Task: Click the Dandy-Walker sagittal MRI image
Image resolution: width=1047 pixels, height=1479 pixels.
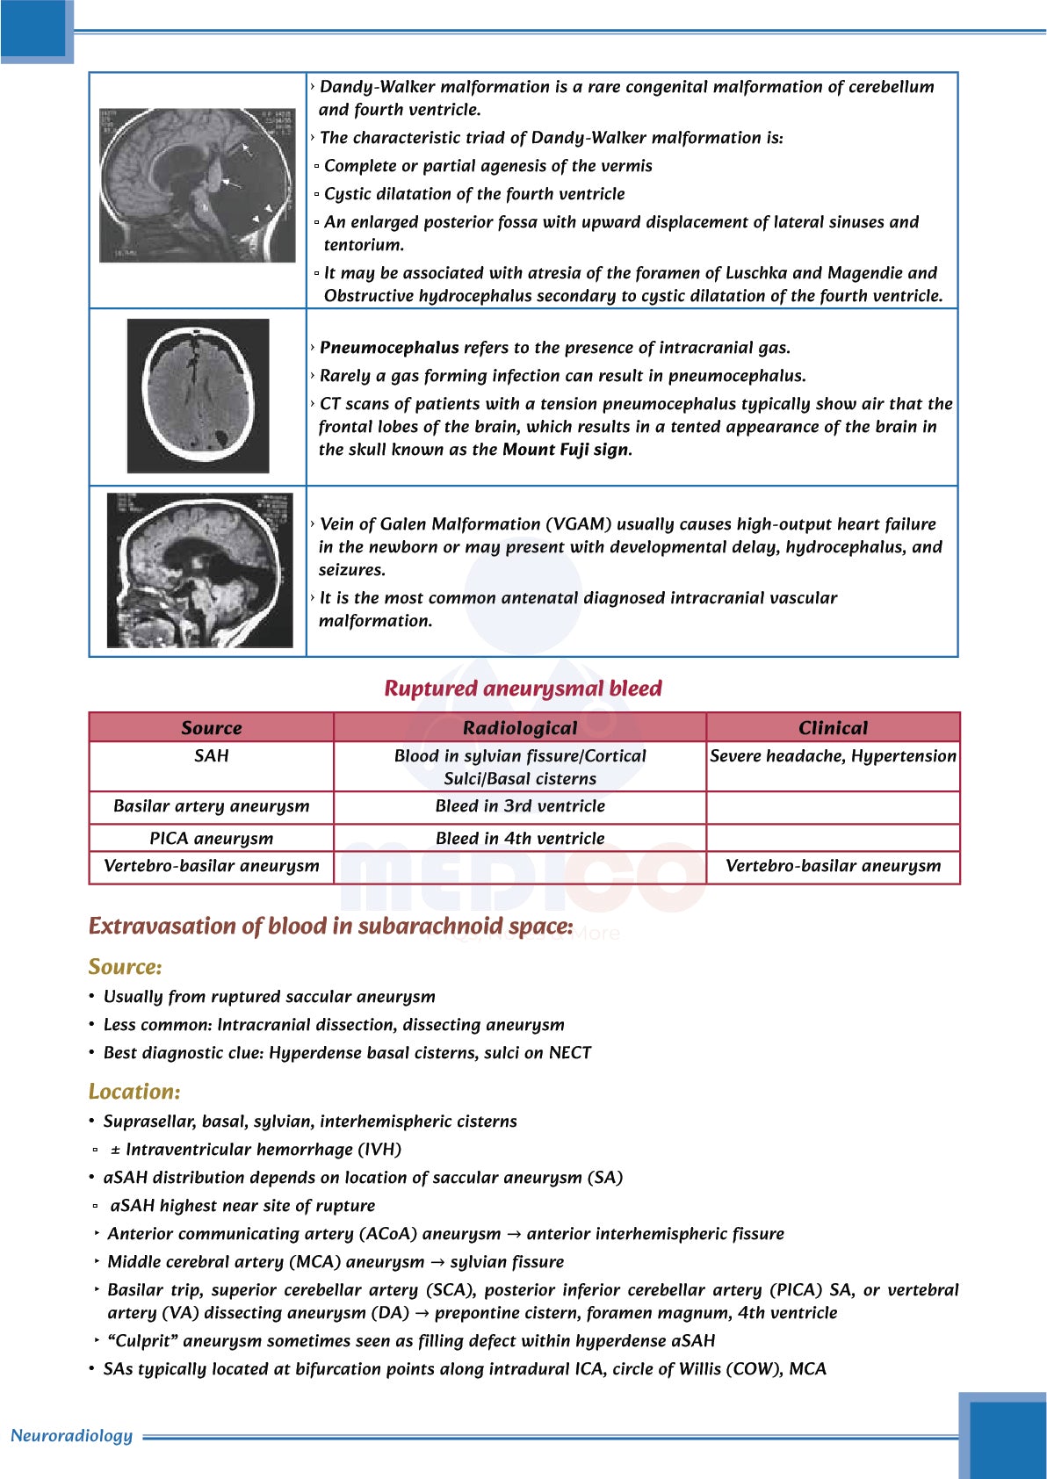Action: [198, 185]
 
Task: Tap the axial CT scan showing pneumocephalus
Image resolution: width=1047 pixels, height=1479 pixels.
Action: [199, 396]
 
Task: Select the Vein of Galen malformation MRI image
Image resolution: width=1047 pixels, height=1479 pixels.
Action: [200, 570]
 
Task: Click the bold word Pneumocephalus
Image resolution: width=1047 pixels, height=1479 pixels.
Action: [389, 348]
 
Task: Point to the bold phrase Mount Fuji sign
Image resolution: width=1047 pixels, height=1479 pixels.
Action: [566, 450]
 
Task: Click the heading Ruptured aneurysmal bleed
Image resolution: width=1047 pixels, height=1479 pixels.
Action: [523, 689]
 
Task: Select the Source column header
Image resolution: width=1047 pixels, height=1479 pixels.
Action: [211, 727]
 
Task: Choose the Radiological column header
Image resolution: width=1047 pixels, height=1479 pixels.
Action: [520, 727]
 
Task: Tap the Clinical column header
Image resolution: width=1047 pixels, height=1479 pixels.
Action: [833, 727]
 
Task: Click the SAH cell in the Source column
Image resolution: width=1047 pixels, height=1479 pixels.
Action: [211, 756]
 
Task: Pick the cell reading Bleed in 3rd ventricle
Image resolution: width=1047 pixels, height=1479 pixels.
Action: [520, 806]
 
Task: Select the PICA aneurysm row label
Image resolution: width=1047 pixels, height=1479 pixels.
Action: [211, 839]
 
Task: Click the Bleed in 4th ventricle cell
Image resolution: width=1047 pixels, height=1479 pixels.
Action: [520, 839]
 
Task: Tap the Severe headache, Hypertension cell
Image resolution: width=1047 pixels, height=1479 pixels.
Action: [833, 756]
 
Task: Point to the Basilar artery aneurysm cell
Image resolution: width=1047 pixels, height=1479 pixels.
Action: [211, 806]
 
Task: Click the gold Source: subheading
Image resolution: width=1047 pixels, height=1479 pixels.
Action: [125, 967]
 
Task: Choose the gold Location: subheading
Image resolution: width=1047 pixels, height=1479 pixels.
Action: [134, 1092]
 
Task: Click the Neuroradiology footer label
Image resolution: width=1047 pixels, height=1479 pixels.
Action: [71, 1436]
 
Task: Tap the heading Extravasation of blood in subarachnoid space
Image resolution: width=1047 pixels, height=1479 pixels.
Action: [330, 927]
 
